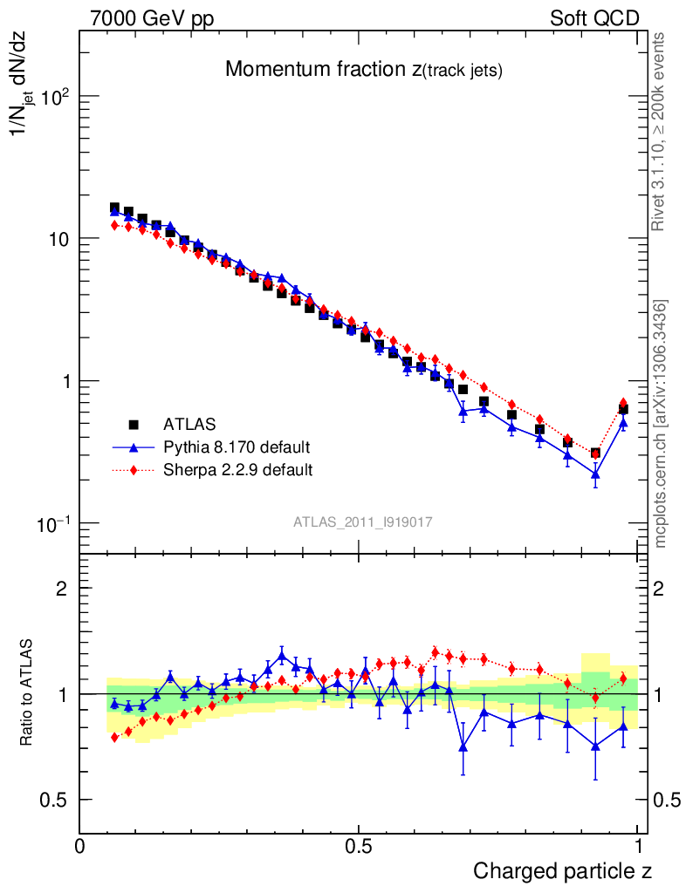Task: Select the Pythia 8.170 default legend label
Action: (x=237, y=447)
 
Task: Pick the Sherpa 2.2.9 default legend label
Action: (x=238, y=470)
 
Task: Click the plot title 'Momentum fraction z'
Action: (x=363, y=70)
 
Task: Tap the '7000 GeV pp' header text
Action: (x=154, y=18)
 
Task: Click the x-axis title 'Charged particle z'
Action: (x=562, y=870)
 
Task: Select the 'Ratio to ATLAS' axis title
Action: (x=27, y=694)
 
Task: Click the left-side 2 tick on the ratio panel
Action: (x=63, y=589)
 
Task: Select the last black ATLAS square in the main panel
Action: (x=623, y=408)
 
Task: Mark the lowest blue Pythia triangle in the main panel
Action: (x=595, y=474)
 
